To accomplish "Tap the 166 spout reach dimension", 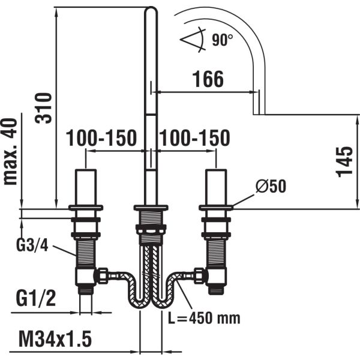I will coord(207,78).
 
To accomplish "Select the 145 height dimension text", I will coord(344,161).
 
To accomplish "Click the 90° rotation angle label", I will coord(223,40).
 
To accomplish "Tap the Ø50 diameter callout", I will coord(270,186).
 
